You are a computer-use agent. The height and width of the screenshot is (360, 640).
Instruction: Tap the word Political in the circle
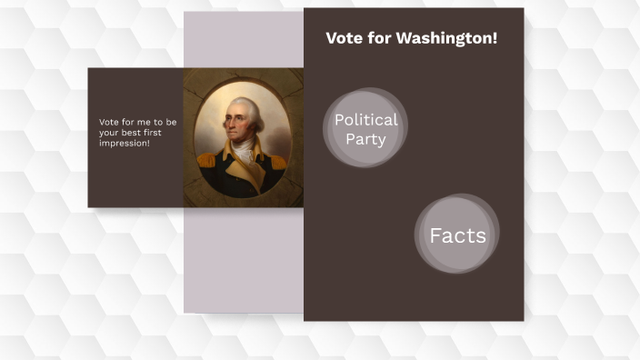tap(365, 119)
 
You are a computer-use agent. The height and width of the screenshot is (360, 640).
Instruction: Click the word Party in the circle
tap(365, 139)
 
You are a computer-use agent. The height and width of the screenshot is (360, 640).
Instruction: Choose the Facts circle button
tap(457, 235)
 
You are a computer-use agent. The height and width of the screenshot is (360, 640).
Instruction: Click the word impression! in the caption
tap(125, 143)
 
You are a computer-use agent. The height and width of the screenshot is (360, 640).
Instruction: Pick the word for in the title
tap(378, 38)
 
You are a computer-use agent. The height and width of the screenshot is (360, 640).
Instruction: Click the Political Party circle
tap(365, 128)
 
